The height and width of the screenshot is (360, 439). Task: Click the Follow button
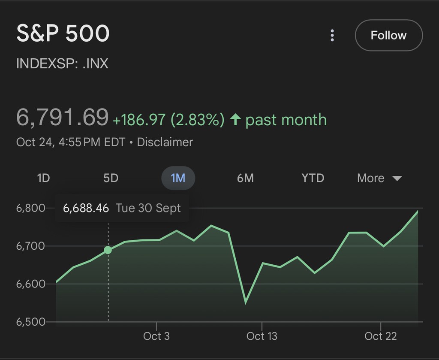pyautogui.click(x=388, y=35)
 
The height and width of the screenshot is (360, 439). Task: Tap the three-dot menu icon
pyautogui.click(x=332, y=36)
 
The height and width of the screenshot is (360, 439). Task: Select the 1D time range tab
pyautogui.click(x=43, y=178)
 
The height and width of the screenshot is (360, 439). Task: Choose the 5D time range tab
pyautogui.click(x=111, y=178)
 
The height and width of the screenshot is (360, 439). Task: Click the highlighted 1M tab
pyautogui.click(x=178, y=178)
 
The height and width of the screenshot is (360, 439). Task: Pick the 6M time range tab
pyautogui.click(x=245, y=178)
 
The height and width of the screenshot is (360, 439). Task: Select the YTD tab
pyautogui.click(x=313, y=178)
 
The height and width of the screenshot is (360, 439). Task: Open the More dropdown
pyautogui.click(x=379, y=178)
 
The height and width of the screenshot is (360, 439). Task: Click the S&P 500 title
pyautogui.click(x=63, y=33)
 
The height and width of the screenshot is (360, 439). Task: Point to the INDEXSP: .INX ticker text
pyautogui.click(x=62, y=64)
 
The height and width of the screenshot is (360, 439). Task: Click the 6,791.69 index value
pyautogui.click(x=62, y=118)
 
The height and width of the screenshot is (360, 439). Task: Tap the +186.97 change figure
pyautogui.click(x=139, y=120)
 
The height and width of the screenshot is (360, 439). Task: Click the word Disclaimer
pyautogui.click(x=165, y=142)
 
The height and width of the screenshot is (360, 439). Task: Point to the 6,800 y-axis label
pyautogui.click(x=30, y=209)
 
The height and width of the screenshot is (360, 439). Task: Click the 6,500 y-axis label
pyautogui.click(x=30, y=322)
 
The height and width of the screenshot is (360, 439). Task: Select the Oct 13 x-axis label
pyautogui.click(x=262, y=336)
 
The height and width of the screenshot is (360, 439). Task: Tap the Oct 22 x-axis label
pyautogui.click(x=381, y=336)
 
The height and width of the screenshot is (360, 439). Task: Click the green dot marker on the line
pyautogui.click(x=108, y=250)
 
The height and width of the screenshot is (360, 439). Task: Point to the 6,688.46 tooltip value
pyautogui.click(x=86, y=209)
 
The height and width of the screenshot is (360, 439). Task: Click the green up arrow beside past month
pyautogui.click(x=235, y=120)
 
